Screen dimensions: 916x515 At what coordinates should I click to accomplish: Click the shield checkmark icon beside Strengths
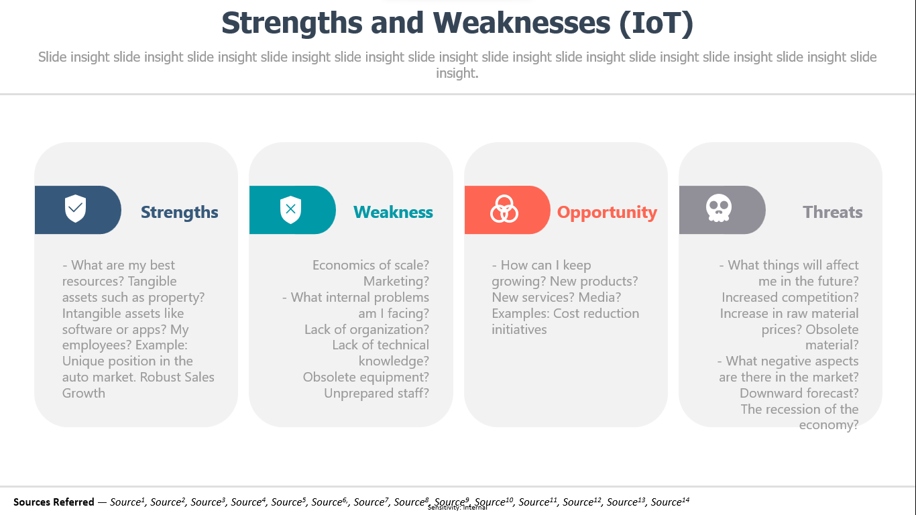[76, 209]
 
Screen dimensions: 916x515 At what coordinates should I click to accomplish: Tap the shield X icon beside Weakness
[291, 210]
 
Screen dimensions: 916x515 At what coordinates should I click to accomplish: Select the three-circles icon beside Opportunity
[504, 209]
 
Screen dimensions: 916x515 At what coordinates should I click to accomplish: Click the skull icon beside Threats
[718, 208]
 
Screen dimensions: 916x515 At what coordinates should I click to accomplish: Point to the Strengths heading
[180, 213]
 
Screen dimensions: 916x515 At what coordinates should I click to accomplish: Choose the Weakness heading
[393, 212]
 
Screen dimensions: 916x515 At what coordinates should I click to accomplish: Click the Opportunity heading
[608, 213]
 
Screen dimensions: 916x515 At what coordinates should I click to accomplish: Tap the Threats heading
[833, 212]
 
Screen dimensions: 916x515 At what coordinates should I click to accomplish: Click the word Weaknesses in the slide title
[522, 23]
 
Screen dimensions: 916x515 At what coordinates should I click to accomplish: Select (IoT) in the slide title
[656, 23]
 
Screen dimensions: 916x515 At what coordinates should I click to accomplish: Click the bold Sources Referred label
[54, 502]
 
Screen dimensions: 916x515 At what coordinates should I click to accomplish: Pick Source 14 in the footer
[670, 502]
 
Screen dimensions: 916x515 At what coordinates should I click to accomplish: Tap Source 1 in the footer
[127, 502]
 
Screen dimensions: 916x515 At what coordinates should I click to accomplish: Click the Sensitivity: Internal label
[457, 508]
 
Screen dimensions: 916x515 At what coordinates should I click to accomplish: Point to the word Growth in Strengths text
[83, 393]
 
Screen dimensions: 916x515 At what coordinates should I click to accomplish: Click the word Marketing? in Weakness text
[396, 282]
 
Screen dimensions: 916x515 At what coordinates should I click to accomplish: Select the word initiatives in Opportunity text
[519, 329]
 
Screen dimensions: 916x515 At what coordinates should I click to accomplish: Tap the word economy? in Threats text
[828, 425]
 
